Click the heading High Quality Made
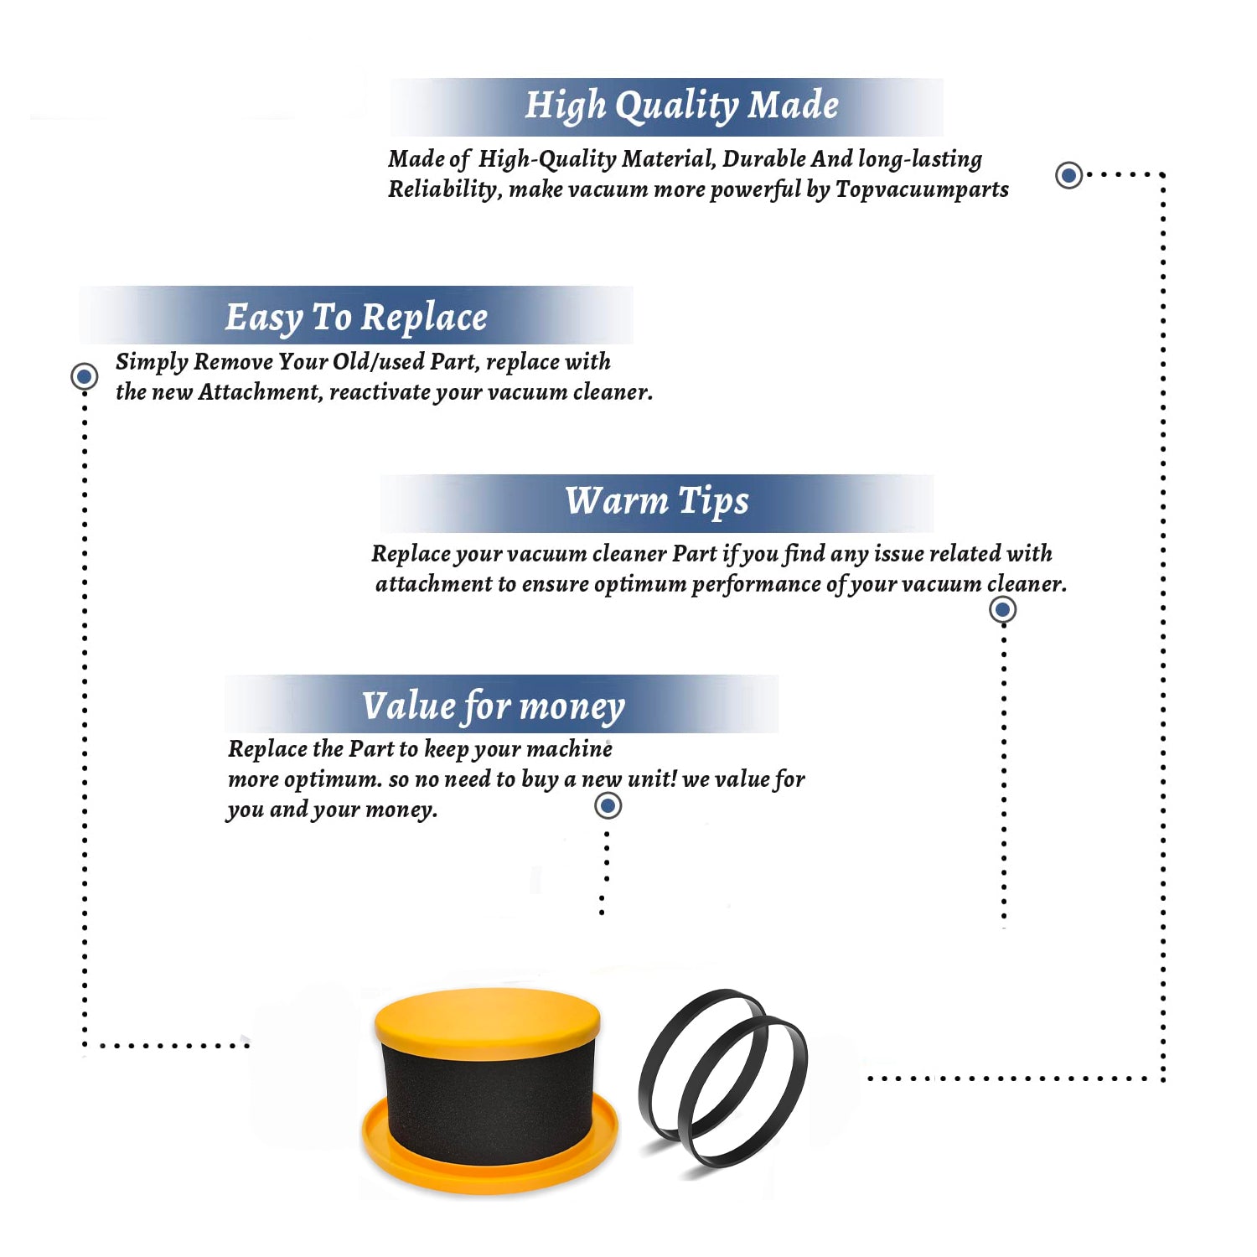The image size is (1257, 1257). (x=681, y=106)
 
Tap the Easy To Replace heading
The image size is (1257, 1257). (x=356, y=318)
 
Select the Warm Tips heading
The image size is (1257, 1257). (x=657, y=501)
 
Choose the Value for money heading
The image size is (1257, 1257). (x=494, y=706)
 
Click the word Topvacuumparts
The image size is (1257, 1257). (x=922, y=190)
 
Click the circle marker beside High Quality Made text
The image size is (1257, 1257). (x=1068, y=175)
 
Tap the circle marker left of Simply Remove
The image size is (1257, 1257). (x=84, y=376)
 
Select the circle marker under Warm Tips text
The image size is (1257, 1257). (x=1003, y=609)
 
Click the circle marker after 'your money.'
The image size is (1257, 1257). (x=608, y=805)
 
